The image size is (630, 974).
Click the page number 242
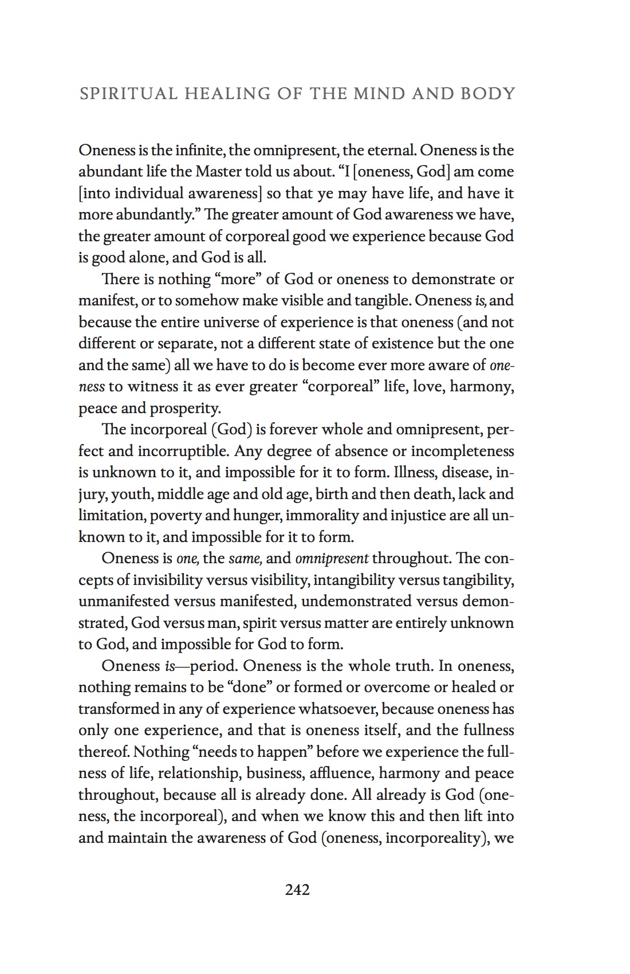pos(297,890)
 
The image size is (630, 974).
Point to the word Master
pos(218,172)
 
